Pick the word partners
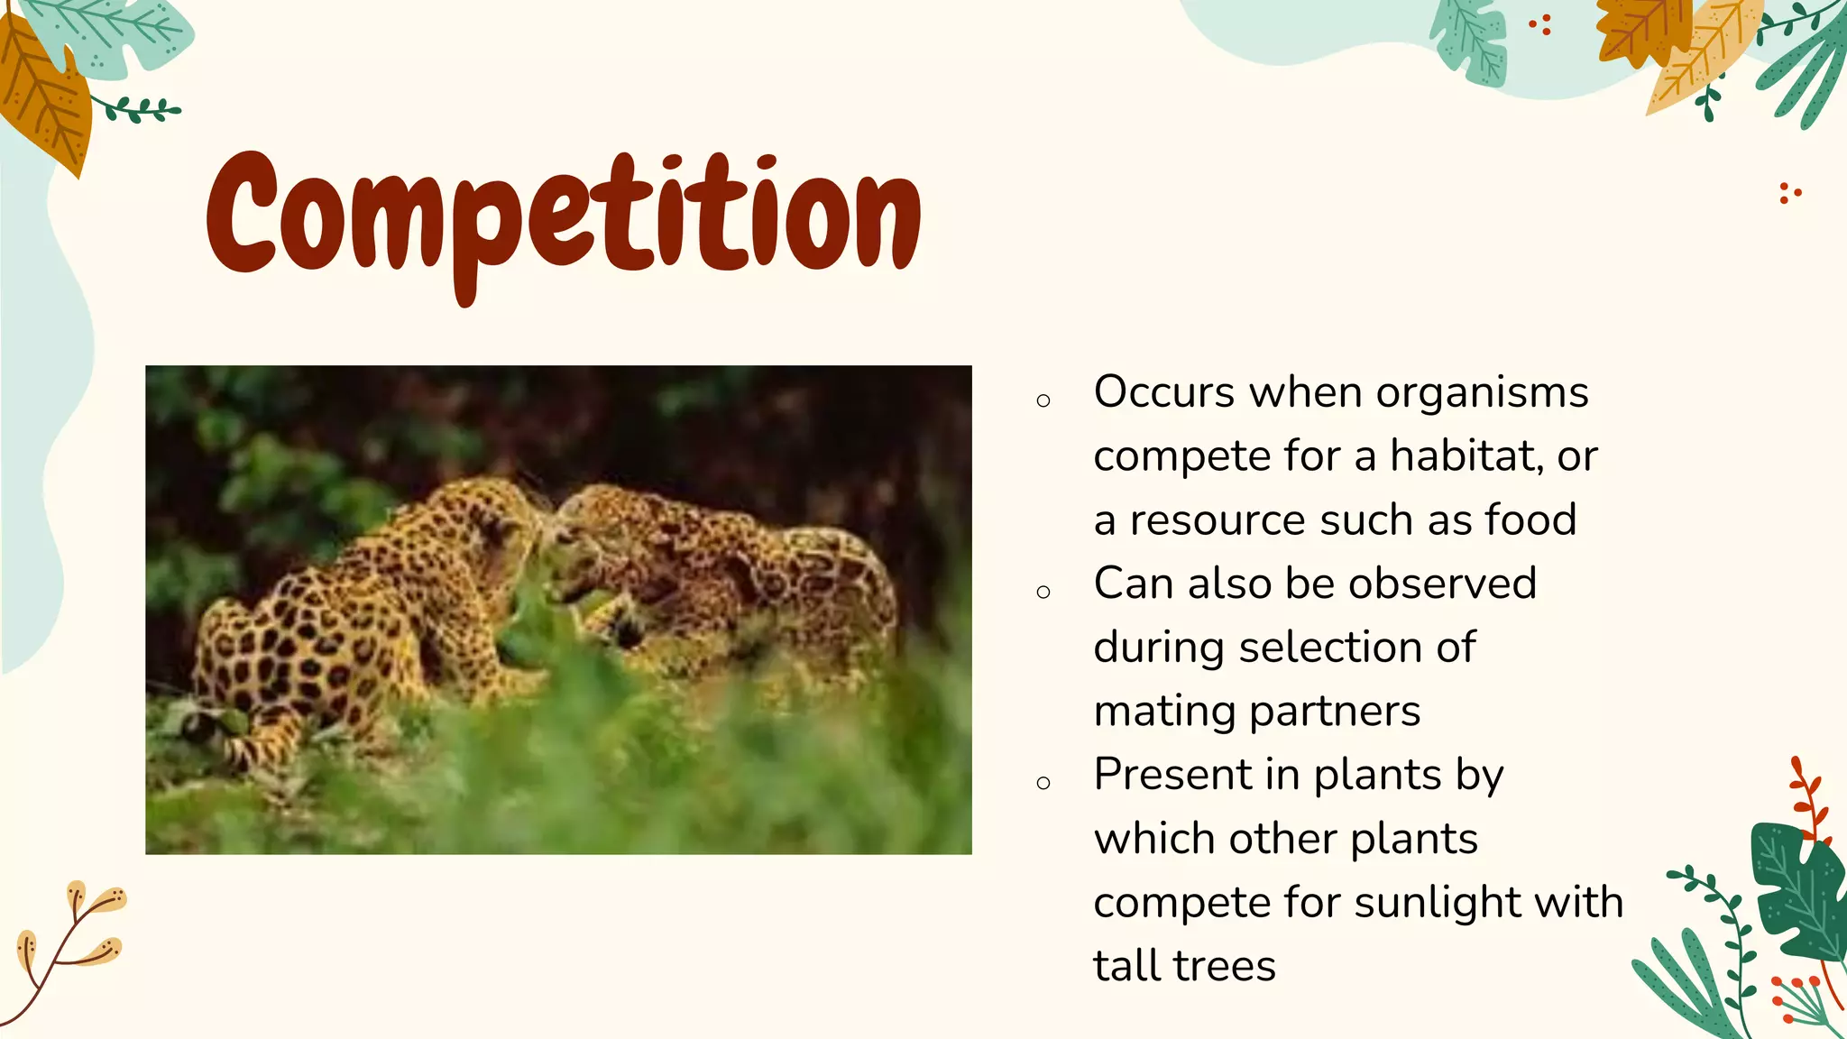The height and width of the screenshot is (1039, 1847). tap(1335, 712)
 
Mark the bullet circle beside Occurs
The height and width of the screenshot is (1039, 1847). tap(1043, 401)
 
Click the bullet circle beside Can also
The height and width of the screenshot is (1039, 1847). tap(1043, 593)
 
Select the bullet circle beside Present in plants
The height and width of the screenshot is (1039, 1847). tap(1043, 783)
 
